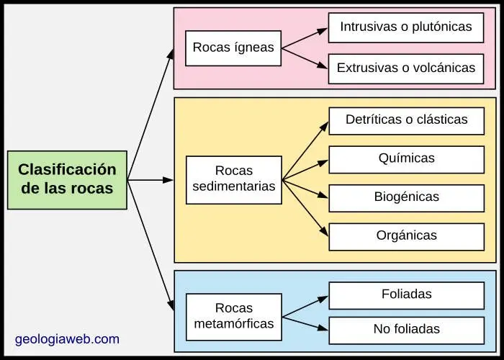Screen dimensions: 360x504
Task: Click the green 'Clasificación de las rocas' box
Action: (67, 180)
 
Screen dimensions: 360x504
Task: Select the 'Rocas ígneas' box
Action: (233, 48)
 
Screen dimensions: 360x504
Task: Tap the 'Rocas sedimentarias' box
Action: (233, 179)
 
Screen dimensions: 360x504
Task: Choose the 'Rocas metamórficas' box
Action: (233, 317)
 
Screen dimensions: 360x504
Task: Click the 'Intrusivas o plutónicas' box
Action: (406, 27)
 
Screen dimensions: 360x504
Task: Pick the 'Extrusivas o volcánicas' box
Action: (406, 68)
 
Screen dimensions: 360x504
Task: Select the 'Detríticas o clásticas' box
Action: (406, 120)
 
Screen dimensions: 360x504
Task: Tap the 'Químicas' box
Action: (406, 159)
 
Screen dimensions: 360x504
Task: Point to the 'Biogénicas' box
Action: (406, 197)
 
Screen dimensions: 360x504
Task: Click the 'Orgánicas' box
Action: (406, 236)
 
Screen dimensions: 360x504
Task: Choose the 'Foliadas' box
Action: (406, 295)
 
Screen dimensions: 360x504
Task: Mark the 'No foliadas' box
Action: (406, 330)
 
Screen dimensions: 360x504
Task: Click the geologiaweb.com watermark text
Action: (67, 339)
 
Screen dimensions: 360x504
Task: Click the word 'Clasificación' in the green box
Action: (67, 170)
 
